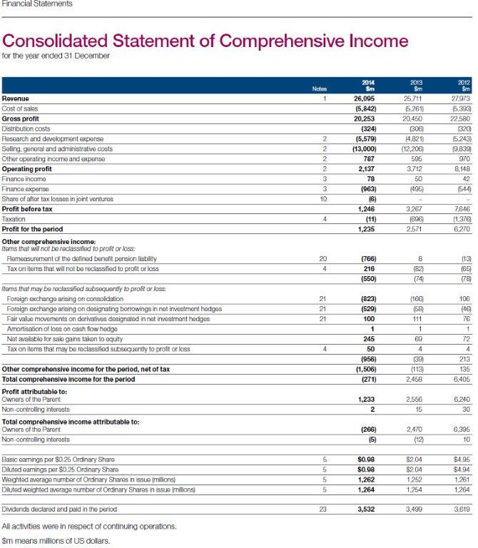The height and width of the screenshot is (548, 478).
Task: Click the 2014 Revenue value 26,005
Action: click(x=365, y=98)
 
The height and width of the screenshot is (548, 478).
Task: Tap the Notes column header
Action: click(x=323, y=89)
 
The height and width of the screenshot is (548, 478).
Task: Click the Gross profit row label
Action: click(x=21, y=118)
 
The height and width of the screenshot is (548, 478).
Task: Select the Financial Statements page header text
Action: click(x=36, y=4)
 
